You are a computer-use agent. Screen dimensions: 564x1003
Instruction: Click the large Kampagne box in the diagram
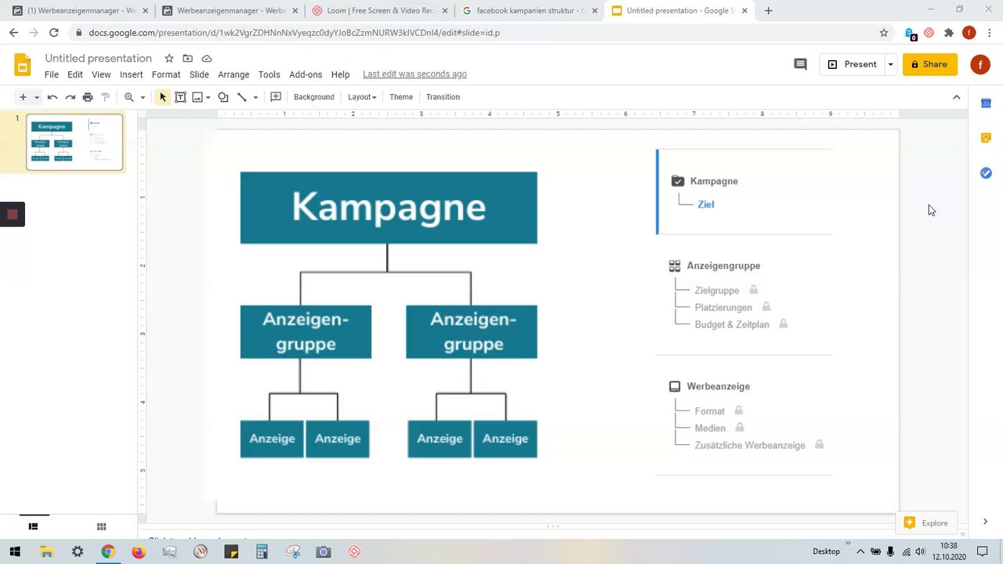click(x=389, y=208)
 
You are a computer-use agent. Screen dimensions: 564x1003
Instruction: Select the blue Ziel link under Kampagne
click(x=705, y=204)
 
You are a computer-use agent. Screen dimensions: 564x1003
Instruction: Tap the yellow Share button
click(x=929, y=64)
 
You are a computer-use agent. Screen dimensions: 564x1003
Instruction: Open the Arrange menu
click(x=234, y=74)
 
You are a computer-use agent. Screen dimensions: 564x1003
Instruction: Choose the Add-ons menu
click(x=306, y=74)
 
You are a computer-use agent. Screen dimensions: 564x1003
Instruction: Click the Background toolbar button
click(x=313, y=97)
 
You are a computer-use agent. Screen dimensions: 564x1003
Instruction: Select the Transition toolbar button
click(x=443, y=97)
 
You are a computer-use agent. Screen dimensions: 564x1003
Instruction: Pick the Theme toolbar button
click(x=401, y=97)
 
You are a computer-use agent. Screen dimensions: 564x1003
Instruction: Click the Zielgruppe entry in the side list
click(x=716, y=291)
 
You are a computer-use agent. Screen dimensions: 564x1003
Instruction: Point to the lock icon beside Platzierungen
click(x=766, y=307)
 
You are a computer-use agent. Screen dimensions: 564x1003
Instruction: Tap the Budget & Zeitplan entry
click(x=731, y=324)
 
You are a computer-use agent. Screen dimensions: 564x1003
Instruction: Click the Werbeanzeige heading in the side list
click(x=718, y=386)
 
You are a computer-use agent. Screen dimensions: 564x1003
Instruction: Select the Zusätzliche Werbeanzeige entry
click(x=749, y=445)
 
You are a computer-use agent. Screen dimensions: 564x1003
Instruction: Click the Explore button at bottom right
click(x=926, y=523)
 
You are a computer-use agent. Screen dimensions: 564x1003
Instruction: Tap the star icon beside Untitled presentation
click(x=168, y=59)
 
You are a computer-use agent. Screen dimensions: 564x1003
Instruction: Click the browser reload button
click(x=53, y=33)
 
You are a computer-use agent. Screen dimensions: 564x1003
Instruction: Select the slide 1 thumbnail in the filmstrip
click(x=74, y=142)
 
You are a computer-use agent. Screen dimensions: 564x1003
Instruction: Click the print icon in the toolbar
click(x=88, y=97)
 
